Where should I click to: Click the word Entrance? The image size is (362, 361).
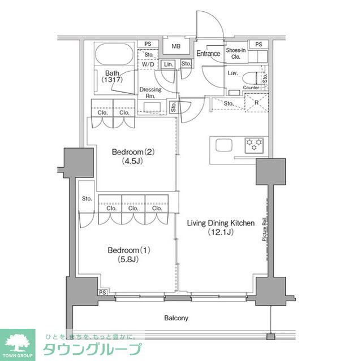coord(208,54)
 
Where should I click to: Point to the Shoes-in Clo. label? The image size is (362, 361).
coord(236,53)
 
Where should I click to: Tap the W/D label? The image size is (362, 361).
coord(148,65)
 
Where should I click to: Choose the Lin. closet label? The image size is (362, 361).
coord(168,65)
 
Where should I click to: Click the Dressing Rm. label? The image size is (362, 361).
coord(150,93)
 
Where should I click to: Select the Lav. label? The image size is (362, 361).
coord(232,73)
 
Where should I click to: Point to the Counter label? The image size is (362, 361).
coord(251,88)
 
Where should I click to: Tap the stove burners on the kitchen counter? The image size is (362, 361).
coord(254,145)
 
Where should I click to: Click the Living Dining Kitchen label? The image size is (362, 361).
coord(221,227)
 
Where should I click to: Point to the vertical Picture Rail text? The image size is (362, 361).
coord(264,231)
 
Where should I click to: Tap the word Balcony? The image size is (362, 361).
coord(176,318)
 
